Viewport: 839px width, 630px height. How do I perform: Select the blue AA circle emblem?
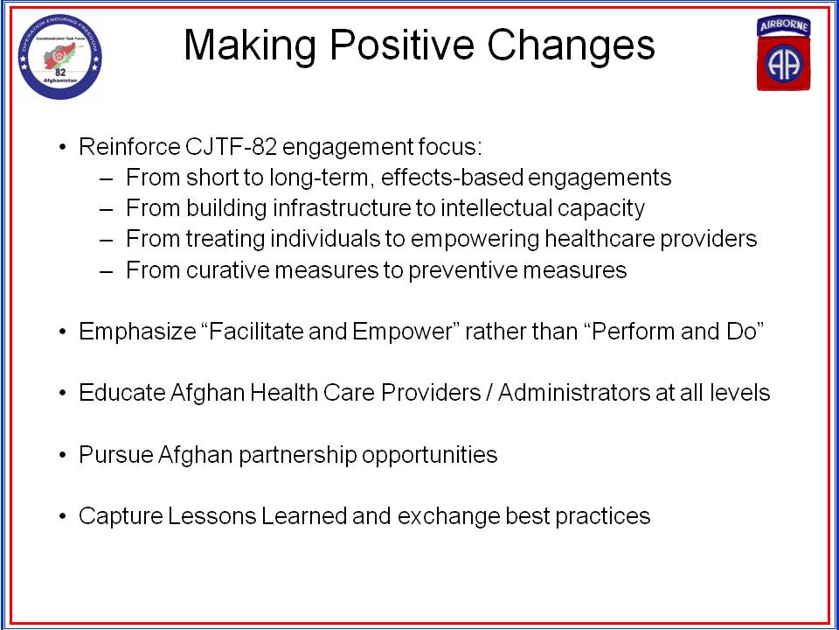[784, 63]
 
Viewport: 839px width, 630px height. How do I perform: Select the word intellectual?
[497, 208]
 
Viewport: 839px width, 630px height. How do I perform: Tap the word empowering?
[475, 239]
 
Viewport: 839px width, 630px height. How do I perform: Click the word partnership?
[297, 455]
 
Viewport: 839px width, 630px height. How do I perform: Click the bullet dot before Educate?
[64, 393]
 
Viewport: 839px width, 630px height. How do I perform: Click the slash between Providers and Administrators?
[489, 393]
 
